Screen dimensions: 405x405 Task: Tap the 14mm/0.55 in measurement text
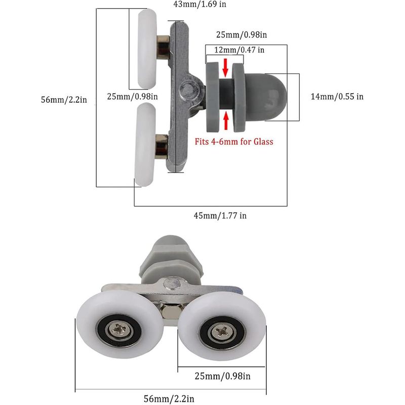point(337,96)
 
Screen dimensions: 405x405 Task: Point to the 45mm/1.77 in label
point(221,216)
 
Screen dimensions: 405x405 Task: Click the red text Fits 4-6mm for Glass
point(234,141)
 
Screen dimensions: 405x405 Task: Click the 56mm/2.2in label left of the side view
point(64,100)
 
